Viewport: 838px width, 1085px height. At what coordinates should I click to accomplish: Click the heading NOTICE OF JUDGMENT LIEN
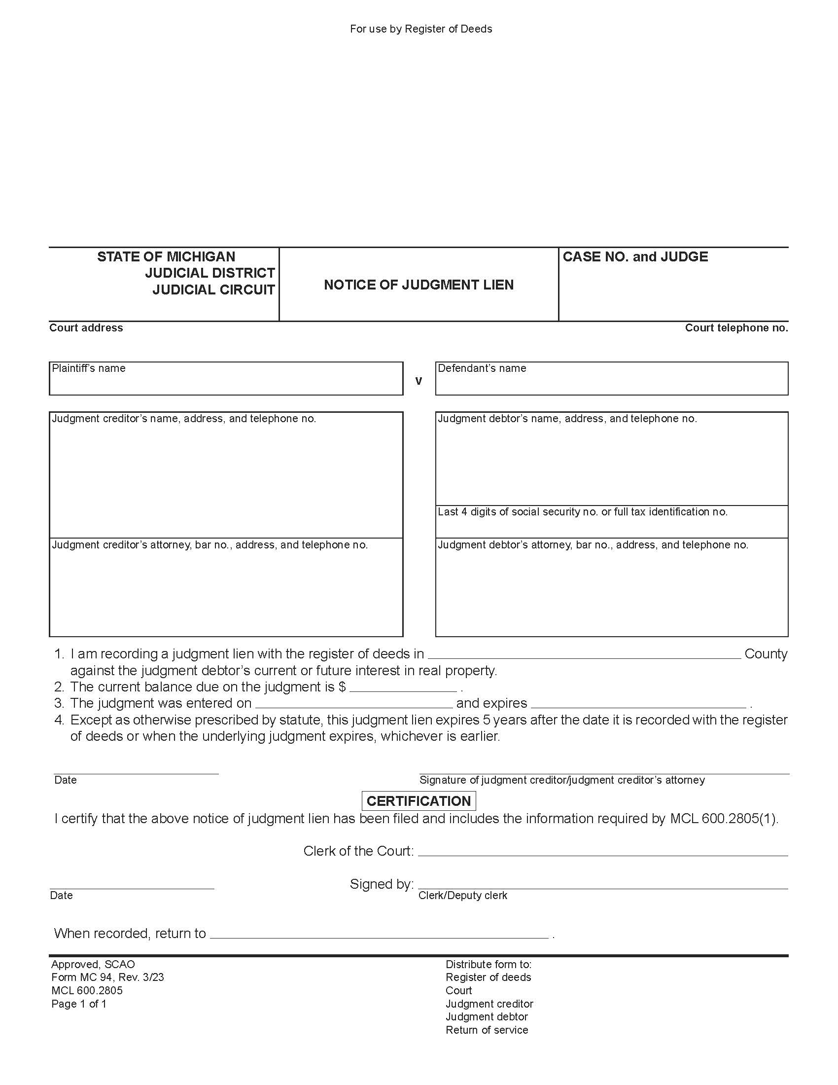(419, 285)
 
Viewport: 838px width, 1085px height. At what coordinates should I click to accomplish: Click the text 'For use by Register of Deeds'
(420, 29)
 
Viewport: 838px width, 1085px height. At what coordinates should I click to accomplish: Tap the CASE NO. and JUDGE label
(635, 257)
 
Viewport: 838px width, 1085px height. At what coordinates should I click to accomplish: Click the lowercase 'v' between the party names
(419, 381)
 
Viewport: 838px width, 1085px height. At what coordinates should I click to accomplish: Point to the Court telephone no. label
(736, 328)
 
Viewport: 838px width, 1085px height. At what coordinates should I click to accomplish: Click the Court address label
(86, 328)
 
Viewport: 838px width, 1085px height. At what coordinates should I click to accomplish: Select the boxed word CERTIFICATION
(419, 801)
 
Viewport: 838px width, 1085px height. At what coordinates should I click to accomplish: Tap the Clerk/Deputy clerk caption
(462, 895)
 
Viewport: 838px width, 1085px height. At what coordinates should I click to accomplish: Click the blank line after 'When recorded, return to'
(379, 935)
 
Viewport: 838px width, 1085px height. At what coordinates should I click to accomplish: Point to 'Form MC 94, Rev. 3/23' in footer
(107, 977)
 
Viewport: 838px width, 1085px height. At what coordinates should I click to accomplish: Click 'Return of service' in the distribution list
(487, 1030)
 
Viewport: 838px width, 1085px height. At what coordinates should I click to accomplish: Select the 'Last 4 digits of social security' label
(582, 512)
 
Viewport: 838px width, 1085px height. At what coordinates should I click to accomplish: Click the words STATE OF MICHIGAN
(166, 257)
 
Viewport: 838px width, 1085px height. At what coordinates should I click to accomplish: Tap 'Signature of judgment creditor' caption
(561, 780)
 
